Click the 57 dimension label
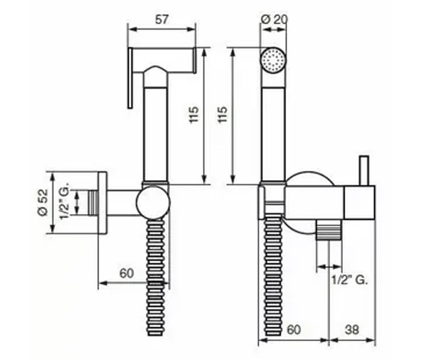(x=162, y=19)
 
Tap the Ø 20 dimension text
(x=274, y=20)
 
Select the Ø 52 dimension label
(x=42, y=203)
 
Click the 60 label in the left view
(x=126, y=273)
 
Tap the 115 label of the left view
(x=194, y=115)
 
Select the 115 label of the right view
(x=223, y=115)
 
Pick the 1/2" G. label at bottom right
(x=350, y=280)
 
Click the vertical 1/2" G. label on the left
(x=65, y=200)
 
